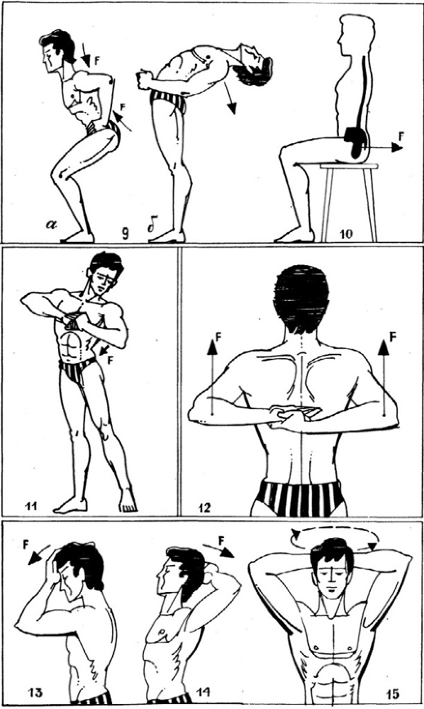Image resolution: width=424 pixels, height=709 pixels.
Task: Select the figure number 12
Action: click(x=203, y=508)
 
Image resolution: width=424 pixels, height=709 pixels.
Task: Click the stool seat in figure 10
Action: click(x=349, y=166)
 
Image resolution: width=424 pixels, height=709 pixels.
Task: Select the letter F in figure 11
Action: click(x=111, y=360)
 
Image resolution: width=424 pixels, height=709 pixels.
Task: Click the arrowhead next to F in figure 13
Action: click(x=33, y=560)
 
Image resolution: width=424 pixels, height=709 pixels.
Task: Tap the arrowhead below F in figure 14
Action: click(x=229, y=553)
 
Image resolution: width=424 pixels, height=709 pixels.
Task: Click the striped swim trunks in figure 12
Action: click(x=299, y=499)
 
